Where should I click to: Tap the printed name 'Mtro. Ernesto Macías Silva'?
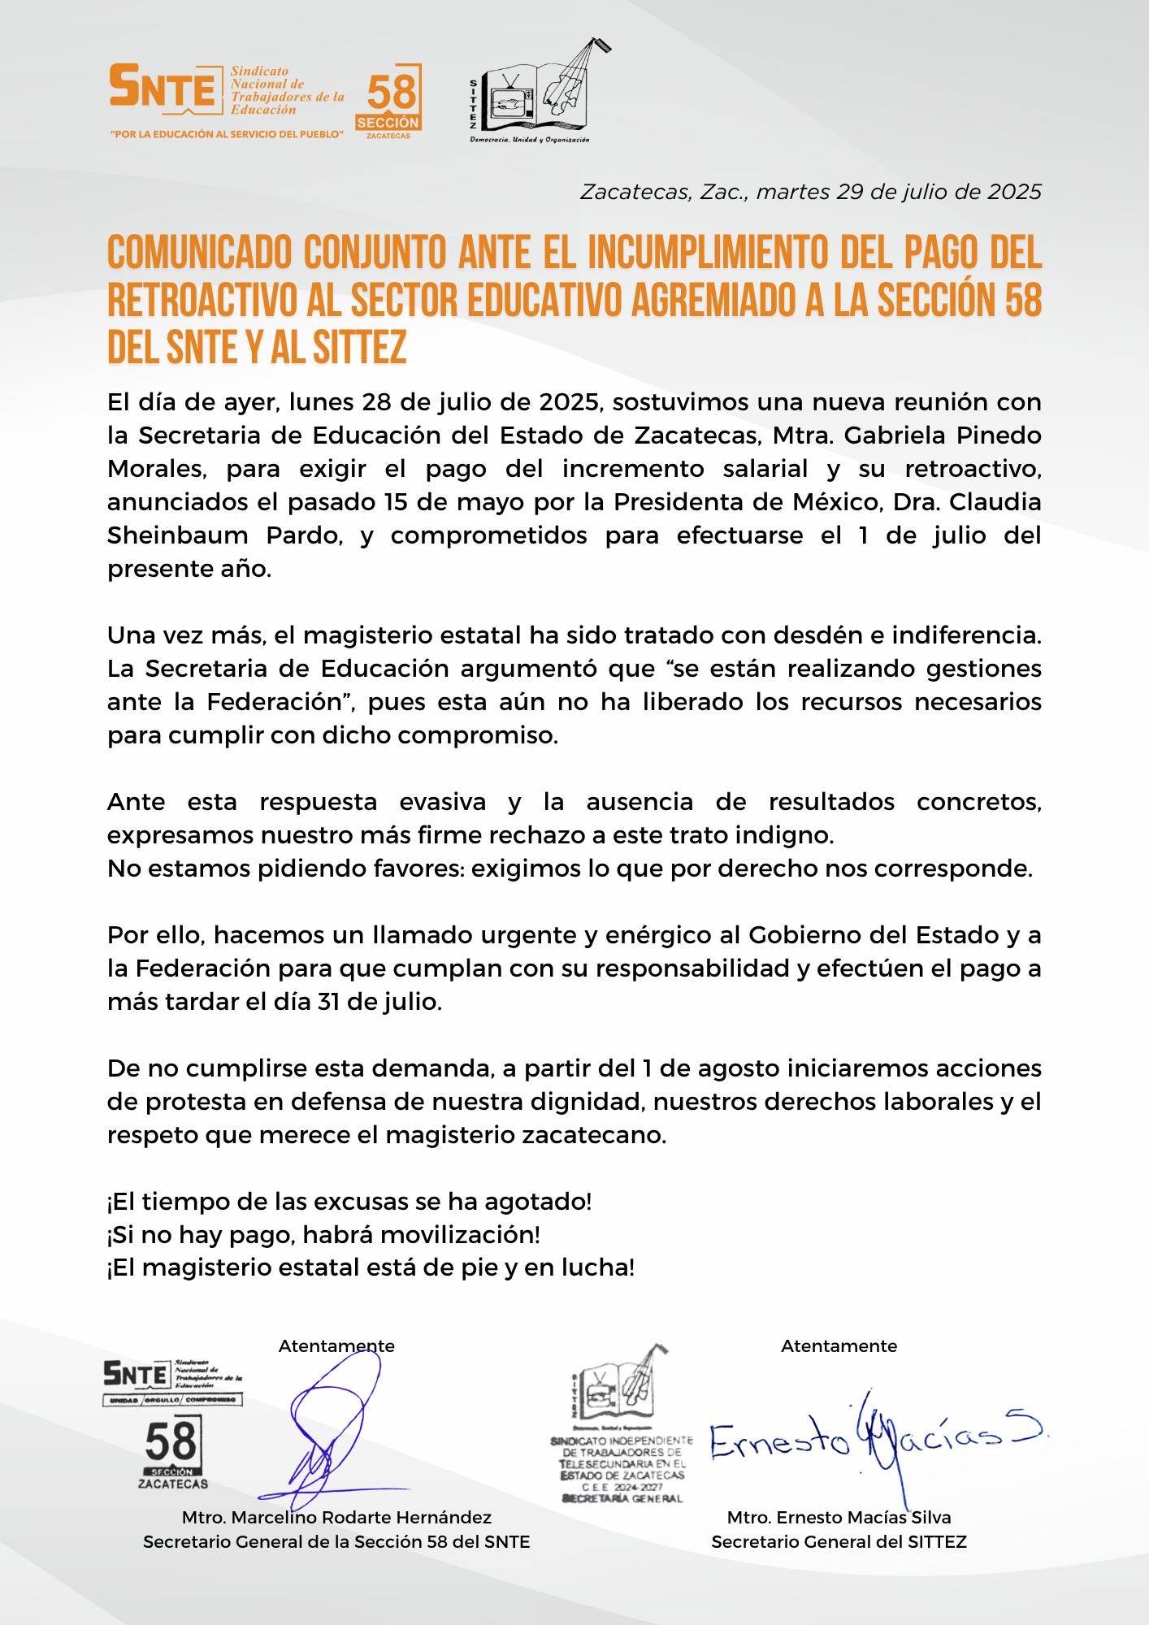839,1518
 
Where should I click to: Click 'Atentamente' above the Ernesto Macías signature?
839,1346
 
